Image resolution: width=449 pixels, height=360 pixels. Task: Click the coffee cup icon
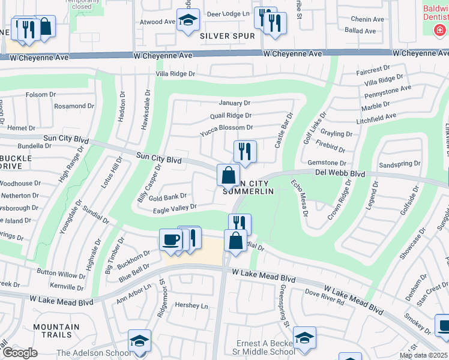coord(170,240)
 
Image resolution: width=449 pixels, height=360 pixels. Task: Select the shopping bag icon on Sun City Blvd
coord(228,176)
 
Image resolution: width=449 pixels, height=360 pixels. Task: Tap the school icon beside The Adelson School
coord(140,340)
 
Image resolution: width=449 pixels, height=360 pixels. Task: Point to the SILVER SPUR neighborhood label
coord(223,36)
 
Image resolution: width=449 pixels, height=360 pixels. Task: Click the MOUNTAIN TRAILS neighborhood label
coord(56,331)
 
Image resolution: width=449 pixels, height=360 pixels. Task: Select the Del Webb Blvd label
coord(340,174)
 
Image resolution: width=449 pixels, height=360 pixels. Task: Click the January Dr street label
coord(234,103)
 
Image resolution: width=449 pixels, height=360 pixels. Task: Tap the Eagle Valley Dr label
coord(175,207)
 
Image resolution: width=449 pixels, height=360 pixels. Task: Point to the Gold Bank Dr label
coord(168,196)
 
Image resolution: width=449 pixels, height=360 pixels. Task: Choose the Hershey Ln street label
coord(191,305)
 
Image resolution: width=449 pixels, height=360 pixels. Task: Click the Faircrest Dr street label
coord(373,69)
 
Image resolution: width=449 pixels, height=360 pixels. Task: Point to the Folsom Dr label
coord(41,95)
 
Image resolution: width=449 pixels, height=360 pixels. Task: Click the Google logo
coord(20,353)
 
